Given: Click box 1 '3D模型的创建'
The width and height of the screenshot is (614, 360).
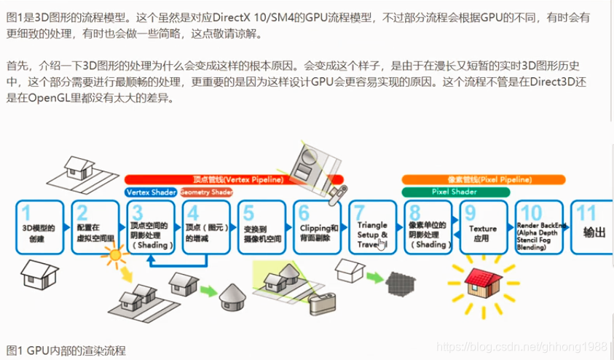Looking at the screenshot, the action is coord(41,228).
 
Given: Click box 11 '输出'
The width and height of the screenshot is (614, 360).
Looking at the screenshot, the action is coord(591,228).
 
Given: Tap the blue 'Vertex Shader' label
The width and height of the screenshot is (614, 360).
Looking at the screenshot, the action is coord(151,192).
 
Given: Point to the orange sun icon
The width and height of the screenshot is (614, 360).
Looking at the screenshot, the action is coord(114,255).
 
